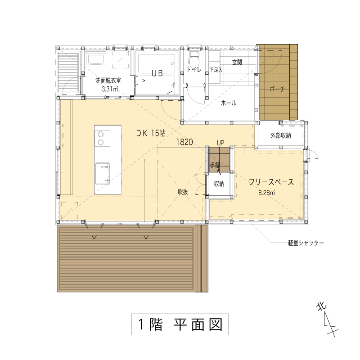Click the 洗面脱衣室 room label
(x=108, y=81)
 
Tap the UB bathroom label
(x=157, y=73)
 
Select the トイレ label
(x=194, y=69)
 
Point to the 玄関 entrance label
(x=237, y=62)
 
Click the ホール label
(x=229, y=103)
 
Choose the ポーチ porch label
(x=277, y=89)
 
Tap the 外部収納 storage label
(x=280, y=135)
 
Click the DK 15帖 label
(x=151, y=133)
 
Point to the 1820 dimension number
(x=184, y=142)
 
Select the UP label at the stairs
(x=220, y=143)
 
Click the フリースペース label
(x=271, y=182)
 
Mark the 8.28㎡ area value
(x=266, y=193)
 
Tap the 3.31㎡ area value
(x=110, y=89)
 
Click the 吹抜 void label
(x=183, y=192)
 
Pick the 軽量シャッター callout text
(x=306, y=243)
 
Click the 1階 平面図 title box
(x=180, y=324)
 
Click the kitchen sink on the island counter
(x=103, y=174)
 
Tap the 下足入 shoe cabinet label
(x=216, y=70)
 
